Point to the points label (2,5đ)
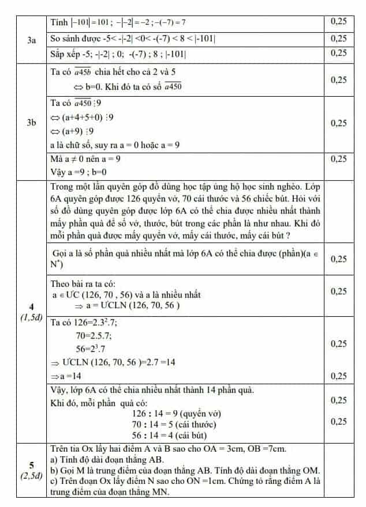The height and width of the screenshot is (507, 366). click(x=32, y=476)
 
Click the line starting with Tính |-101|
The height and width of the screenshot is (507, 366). click(x=118, y=22)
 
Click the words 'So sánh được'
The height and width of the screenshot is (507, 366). click(x=73, y=39)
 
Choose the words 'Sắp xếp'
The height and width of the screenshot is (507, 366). click(x=65, y=53)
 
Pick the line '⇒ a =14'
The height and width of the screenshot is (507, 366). click(x=67, y=376)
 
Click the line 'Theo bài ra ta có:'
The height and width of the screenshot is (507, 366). click(x=83, y=283)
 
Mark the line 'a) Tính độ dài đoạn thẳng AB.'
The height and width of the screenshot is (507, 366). click(x=107, y=459)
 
